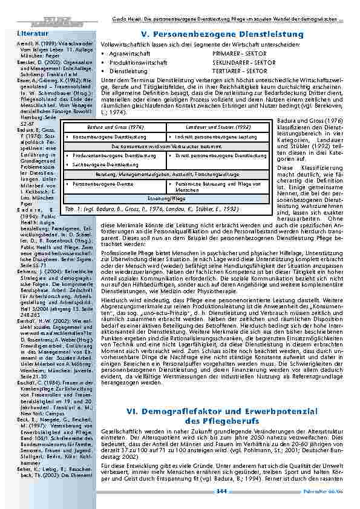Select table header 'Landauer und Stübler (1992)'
tap(218, 127)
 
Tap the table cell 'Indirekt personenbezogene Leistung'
tap(218, 137)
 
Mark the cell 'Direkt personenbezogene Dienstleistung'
tap(220, 155)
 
